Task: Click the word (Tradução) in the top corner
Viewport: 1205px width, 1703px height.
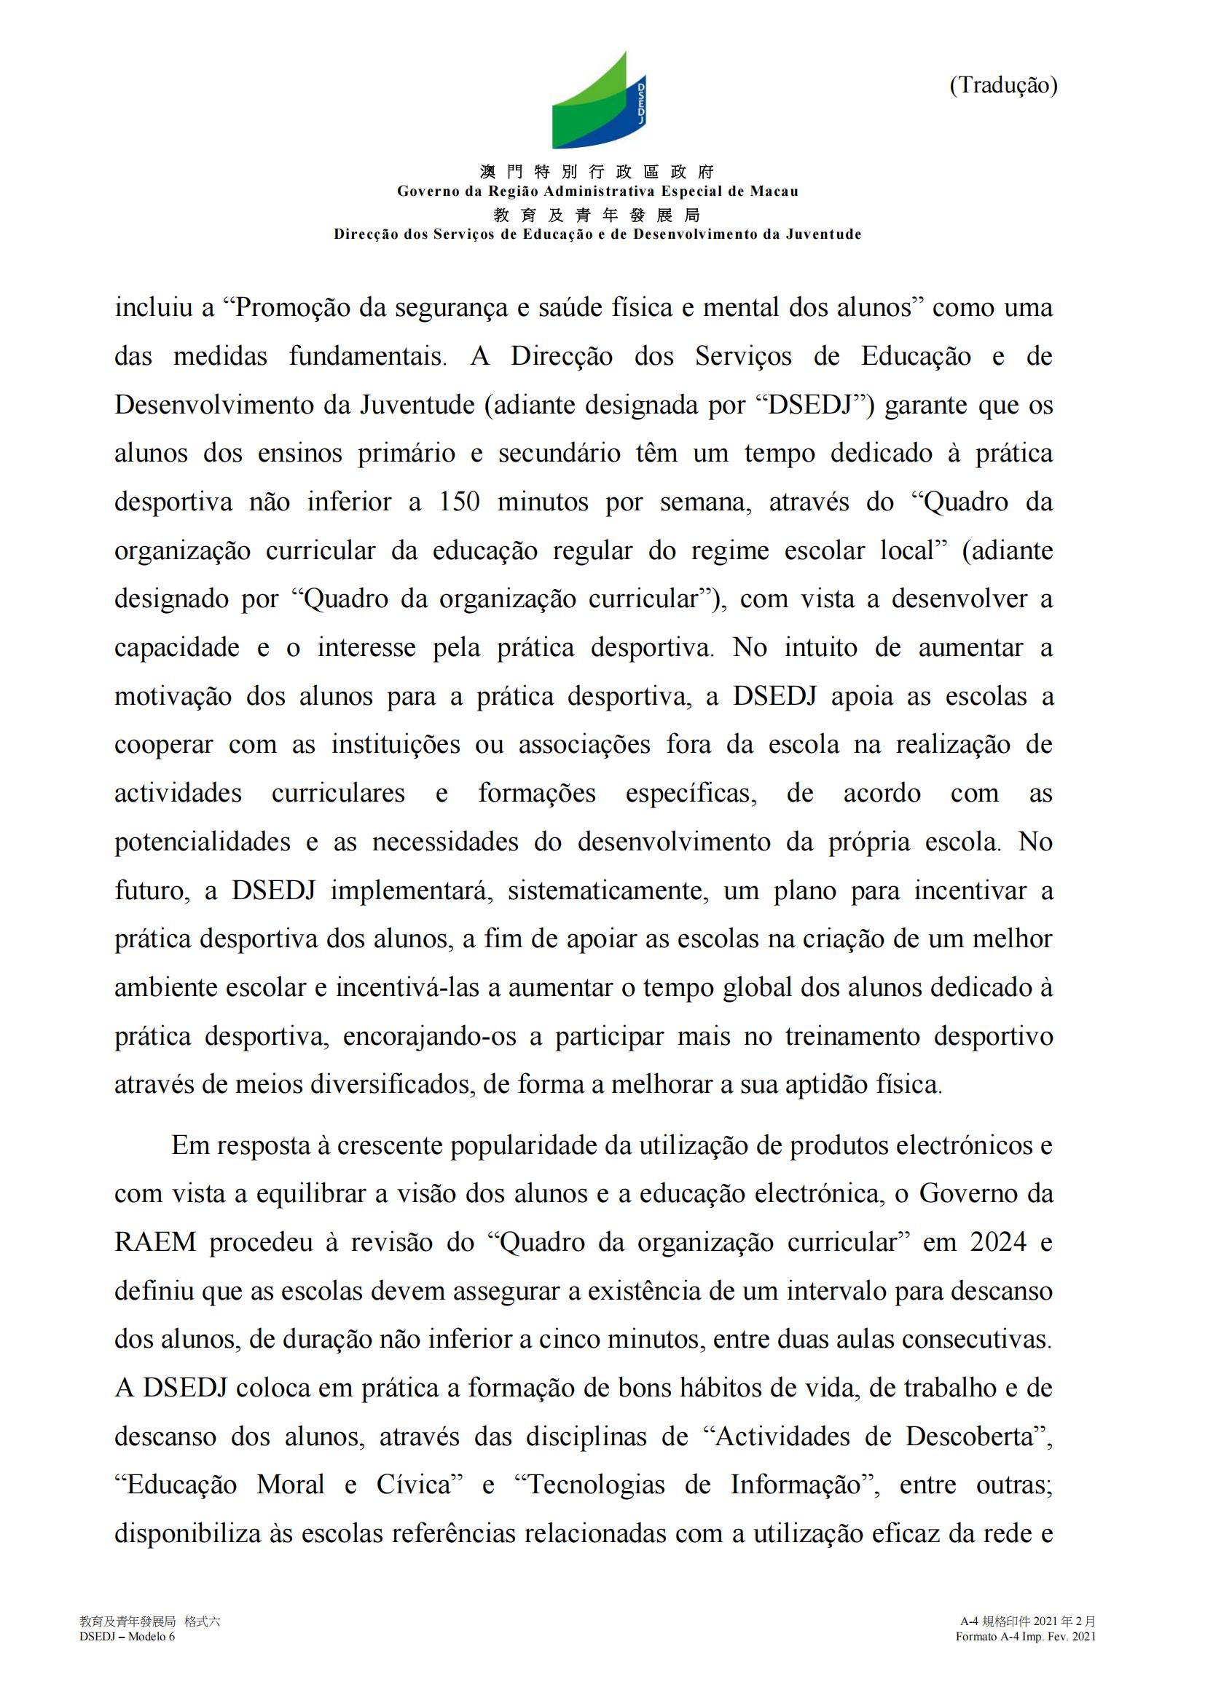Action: coord(1002,86)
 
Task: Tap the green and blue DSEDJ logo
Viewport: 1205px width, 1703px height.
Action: coord(598,102)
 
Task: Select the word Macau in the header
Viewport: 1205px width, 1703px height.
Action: coord(774,191)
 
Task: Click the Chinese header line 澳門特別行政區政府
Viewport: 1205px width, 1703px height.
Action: coord(597,172)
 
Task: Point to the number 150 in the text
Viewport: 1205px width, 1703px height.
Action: coord(459,502)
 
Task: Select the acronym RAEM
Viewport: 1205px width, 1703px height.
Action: coord(154,1242)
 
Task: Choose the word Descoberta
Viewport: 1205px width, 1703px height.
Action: coord(969,1437)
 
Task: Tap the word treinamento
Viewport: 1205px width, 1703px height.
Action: coord(852,1036)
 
